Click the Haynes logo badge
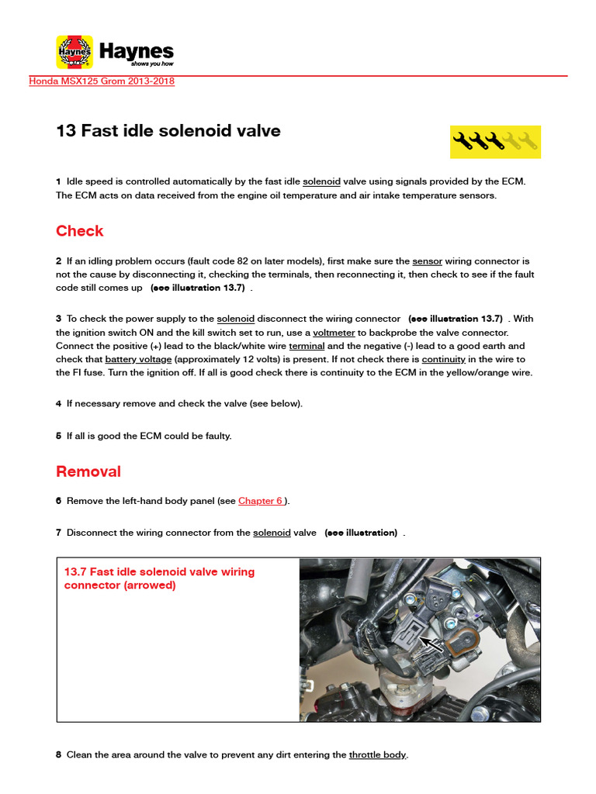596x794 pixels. (x=74, y=52)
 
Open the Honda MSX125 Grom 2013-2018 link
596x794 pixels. (x=102, y=81)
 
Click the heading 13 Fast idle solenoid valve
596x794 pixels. (x=168, y=131)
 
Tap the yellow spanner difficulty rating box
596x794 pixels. (x=495, y=141)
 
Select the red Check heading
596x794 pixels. (x=79, y=231)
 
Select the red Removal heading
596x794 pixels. (x=88, y=471)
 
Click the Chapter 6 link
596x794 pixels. (x=261, y=501)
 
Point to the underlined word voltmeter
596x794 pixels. (x=334, y=332)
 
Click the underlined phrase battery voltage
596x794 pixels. (x=138, y=360)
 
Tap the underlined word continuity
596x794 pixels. (x=444, y=360)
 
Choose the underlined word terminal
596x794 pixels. (x=307, y=346)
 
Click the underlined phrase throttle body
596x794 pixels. (x=377, y=754)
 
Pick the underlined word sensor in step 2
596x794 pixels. (x=428, y=261)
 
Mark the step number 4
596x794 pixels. (x=59, y=404)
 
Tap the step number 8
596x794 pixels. (x=59, y=754)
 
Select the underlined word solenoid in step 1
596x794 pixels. (x=321, y=181)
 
